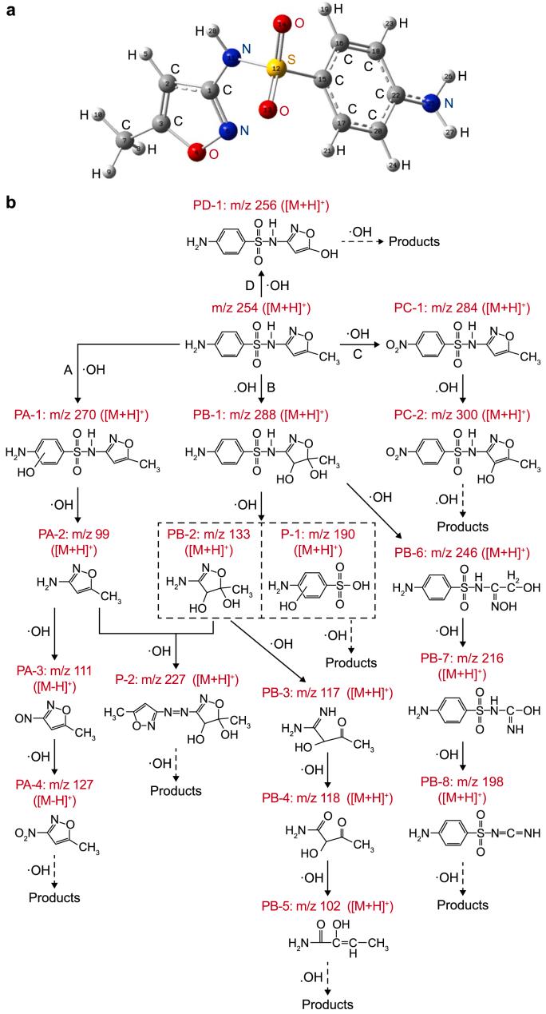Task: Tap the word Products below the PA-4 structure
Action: (x=54, y=897)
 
